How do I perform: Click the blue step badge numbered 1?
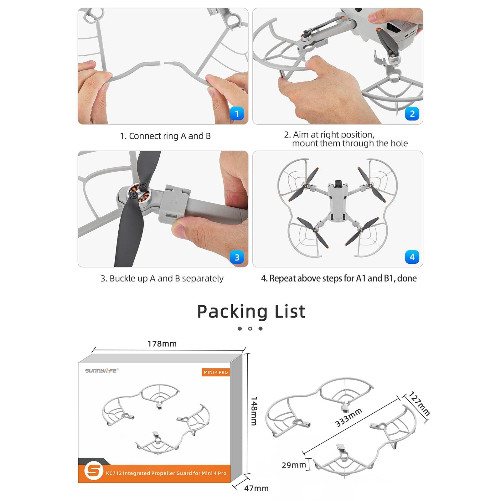point(237,114)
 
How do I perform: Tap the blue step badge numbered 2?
point(412,114)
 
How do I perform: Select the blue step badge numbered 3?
point(237,257)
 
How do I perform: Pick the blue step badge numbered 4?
point(412,257)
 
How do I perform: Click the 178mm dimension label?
point(162,344)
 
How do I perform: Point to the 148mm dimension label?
point(254,411)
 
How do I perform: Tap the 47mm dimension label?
point(256,488)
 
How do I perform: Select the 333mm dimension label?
point(348,417)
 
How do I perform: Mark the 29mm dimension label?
point(293,465)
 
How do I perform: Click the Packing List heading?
point(251,312)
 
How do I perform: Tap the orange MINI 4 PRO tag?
point(216,372)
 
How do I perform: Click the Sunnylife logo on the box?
point(101,371)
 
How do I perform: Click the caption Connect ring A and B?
point(165,136)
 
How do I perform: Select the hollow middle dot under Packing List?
point(250,328)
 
